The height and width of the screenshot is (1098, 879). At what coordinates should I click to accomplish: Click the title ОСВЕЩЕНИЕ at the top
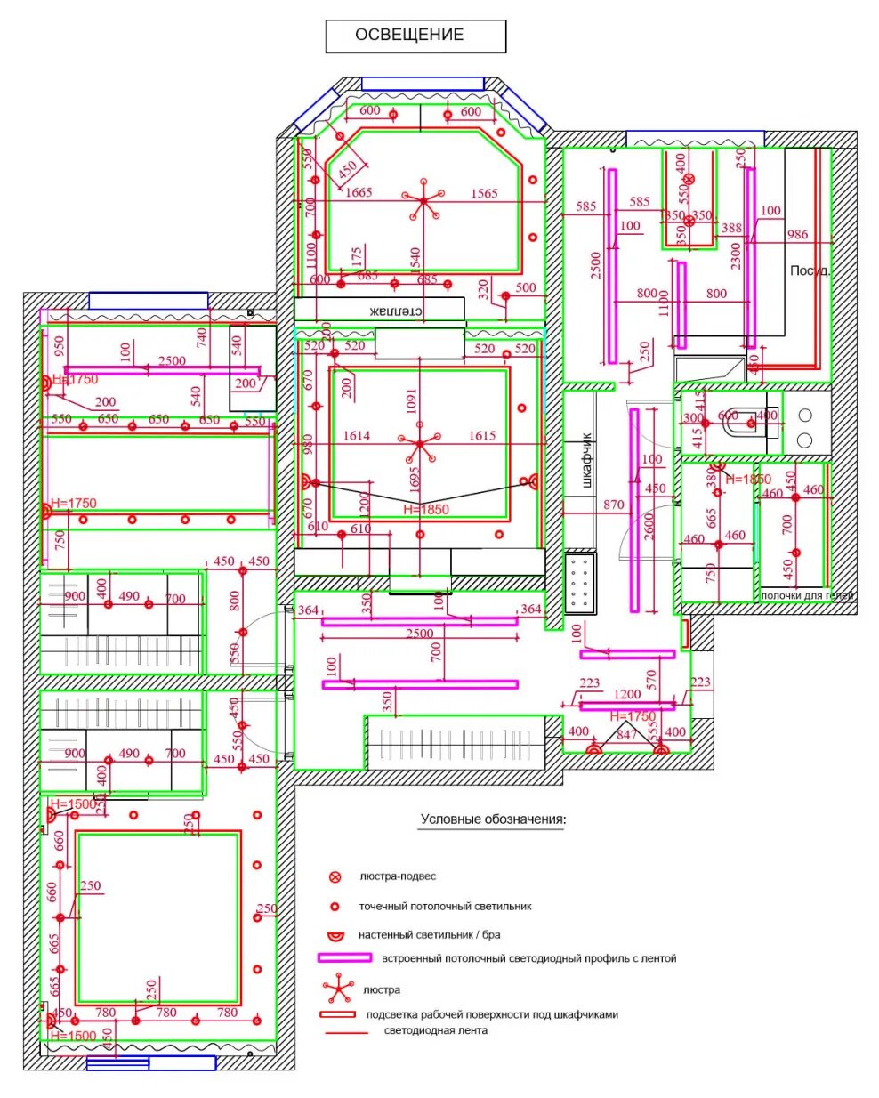(x=409, y=35)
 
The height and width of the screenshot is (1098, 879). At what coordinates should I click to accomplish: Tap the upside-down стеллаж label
(x=395, y=311)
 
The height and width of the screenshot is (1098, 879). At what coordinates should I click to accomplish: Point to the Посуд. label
(x=810, y=270)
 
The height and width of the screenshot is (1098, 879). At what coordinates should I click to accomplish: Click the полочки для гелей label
(x=807, y=596)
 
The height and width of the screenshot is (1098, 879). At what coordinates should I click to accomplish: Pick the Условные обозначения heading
(x=493, y=819)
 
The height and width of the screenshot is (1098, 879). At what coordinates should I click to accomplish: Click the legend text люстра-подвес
(x=398, y=876)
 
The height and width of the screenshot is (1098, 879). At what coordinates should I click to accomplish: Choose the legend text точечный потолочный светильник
(x=445, y=907)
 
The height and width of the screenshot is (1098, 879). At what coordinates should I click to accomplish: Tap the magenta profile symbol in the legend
(x=344, y=958)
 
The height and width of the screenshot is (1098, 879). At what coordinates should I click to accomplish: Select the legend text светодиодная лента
(x=436, y=1031)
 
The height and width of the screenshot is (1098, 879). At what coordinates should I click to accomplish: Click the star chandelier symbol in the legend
(x=337, y=988)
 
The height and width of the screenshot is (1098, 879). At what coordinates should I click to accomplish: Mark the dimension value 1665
(x=359, y=192)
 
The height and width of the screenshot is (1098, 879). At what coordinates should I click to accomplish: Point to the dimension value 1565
(x=484, y=192)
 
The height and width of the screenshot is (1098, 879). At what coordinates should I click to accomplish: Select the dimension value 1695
(x=415, y=480)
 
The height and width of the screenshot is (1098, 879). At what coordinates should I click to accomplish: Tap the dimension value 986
(x=798, y=234)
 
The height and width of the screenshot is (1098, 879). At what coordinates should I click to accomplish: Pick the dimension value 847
(x=627, y=734)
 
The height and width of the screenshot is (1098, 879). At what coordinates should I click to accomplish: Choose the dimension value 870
(x=614, y=505)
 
